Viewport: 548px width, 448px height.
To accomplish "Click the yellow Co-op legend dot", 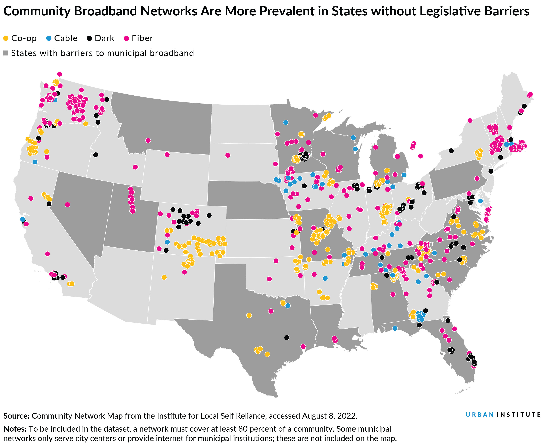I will [6, 38].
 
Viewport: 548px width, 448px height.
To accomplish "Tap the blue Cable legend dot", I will [49, 38].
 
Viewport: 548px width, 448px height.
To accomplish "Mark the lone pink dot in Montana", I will [148, 140].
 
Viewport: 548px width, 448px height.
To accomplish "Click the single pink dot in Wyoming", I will [167, 155].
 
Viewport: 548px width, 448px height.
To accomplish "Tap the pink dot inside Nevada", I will [67, 205].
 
